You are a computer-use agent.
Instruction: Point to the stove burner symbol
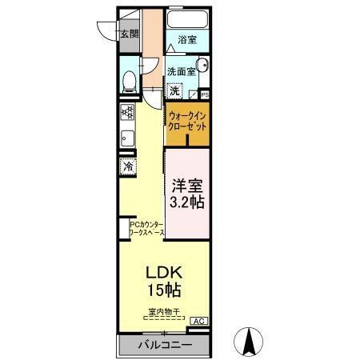(x=127, y=112)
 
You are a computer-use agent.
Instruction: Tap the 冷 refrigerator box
(x=127, y=167)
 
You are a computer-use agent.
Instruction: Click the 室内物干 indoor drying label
(x=162, y=310)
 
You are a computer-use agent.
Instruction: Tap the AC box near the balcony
(x=198, y=321)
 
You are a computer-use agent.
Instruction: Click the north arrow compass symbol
(x=250, y=342)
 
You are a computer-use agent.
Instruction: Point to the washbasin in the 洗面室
(x=202, y=67)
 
